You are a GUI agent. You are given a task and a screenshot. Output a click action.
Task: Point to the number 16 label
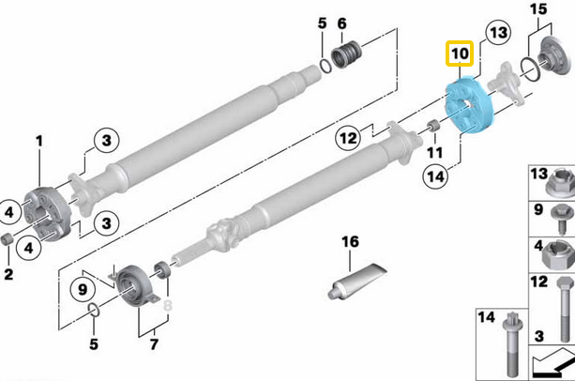349,242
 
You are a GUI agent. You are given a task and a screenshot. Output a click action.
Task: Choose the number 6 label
340,23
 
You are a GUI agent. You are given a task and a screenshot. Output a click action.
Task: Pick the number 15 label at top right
538,9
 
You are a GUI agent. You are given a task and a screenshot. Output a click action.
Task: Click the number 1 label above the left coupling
39,141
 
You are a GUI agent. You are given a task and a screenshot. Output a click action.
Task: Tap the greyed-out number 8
169,304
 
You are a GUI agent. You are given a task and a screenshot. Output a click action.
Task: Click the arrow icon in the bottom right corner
553,364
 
